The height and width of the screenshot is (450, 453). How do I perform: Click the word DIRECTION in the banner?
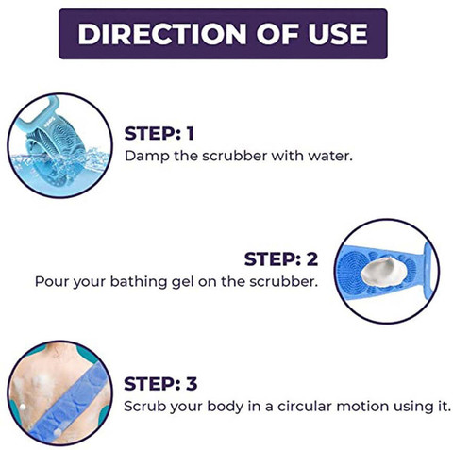[x=162, y=34]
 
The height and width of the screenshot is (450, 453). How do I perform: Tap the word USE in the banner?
[x=338, y=34]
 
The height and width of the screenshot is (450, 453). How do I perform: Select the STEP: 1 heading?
[x=159, y=134]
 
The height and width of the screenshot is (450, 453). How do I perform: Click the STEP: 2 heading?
[x=281, y=259]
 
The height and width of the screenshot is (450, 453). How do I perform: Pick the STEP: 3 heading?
[x=160, y=384]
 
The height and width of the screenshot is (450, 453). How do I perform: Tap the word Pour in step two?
[x=52, y=282]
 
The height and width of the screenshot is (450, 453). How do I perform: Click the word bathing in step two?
[x=139, y=282]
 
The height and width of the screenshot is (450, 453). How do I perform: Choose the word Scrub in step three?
[x=144, y=407]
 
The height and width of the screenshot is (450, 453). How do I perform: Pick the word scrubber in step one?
[x=234, y=157]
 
